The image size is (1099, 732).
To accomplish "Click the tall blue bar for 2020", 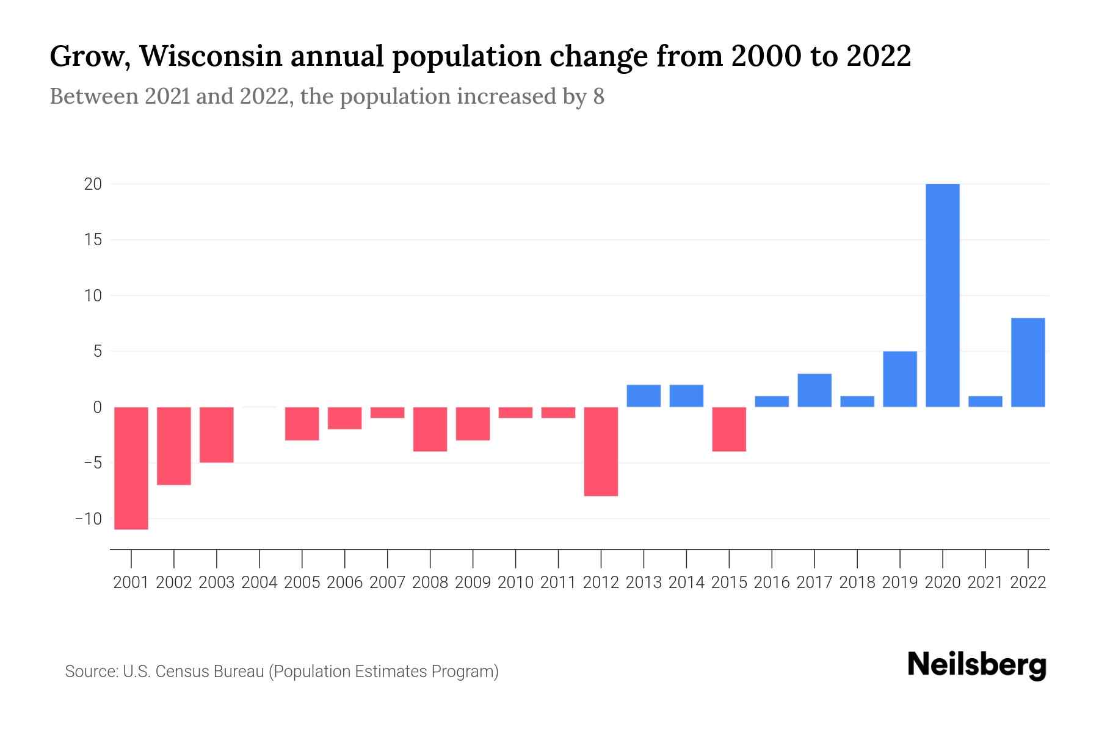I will (x=943, y=295).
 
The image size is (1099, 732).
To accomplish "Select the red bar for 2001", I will (x=131, y=468).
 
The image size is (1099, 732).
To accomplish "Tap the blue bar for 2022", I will (x=1028, y=362).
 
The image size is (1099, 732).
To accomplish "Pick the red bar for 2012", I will (x=601, y=451).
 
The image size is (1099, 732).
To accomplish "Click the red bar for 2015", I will (x=729, y=429).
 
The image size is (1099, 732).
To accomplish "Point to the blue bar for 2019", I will (x=900, y=379).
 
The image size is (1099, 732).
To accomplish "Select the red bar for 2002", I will (x=174, y=446).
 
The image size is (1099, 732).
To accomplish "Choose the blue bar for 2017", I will (x=814, y=390).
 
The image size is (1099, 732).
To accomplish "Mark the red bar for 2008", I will (x=430, y=429).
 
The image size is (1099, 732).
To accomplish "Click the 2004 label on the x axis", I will (x=259, y=583).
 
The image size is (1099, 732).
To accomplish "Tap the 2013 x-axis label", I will (x=644, y=583).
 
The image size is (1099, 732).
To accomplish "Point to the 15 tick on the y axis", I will (x=93, y=240).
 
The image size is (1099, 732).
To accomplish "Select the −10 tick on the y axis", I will (x=89, y=518).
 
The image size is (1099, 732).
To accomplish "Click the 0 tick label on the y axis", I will (x=97, y=407).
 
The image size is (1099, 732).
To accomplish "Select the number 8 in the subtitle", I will (x=598, y=96).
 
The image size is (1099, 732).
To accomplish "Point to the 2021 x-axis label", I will (x=985, y=583).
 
